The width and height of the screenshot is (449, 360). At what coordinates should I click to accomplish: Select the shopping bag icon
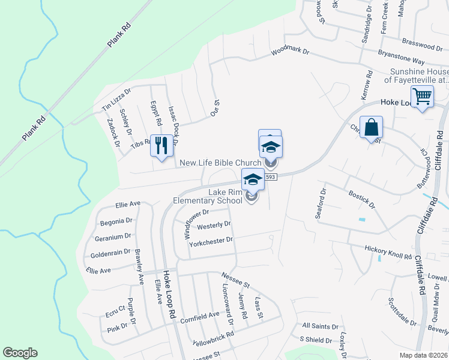coord(371,127)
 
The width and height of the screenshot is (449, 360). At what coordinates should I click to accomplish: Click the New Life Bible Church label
coord(220,163)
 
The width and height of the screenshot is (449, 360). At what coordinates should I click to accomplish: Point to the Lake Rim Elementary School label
coord(208,196)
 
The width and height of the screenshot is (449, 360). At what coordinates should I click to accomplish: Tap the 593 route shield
coord(271,176)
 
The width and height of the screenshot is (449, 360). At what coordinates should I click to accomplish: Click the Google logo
coord(20,353)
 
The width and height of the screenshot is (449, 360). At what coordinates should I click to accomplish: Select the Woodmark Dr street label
coord(290,52)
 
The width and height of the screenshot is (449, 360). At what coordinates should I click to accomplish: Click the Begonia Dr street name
coord(116,221)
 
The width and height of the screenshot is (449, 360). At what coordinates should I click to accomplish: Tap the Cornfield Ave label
coord(200,315)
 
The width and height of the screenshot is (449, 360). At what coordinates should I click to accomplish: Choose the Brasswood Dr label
coord(422,45)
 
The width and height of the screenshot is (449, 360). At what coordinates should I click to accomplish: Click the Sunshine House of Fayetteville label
coord(416,76)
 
